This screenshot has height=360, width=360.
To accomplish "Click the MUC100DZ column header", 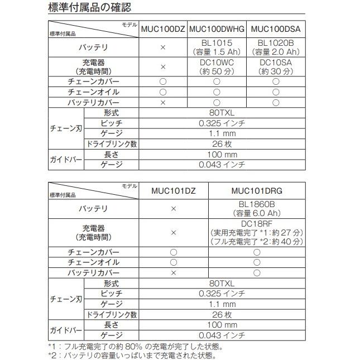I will pos(163,29).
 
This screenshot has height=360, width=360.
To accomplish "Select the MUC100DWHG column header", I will pos(217,29).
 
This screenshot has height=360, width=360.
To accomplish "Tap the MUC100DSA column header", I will pos(275,29).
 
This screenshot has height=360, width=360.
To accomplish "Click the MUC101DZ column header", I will pos(173,190).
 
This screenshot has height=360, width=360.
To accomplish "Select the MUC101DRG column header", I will pos(257,190).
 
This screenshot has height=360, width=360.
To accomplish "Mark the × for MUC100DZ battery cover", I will pos(163,103).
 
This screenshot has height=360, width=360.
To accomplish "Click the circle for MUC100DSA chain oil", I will pos(275,92).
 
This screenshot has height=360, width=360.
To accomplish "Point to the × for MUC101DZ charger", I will pos(173,232).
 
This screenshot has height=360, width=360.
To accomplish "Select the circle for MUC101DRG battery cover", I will pos(257,273).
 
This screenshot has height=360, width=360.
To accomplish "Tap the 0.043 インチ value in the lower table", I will pos(222,335).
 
